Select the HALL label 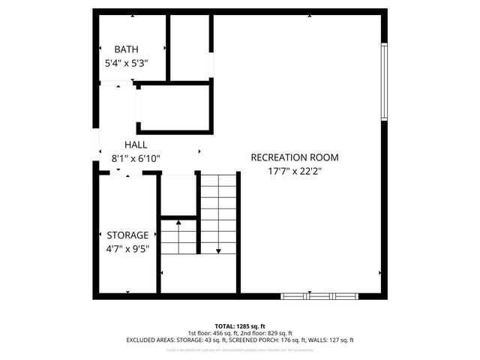click(x=136, y=145)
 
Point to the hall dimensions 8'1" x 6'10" click(x=136, y=159)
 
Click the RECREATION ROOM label click(x=294, y=157)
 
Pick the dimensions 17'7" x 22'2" click(x=294, y=171)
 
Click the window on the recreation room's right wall click(x=384, y=82)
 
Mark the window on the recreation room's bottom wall click(x=318, y=296)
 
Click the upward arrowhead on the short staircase click(x=178, y=222)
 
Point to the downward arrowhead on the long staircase click(x=218, y=250)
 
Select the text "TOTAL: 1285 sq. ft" click(x=240, y=327)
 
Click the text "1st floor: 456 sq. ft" click(x=213, y=334)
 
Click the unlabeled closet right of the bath click(x=189, y=46)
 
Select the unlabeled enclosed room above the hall click(x=173, y=109)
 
